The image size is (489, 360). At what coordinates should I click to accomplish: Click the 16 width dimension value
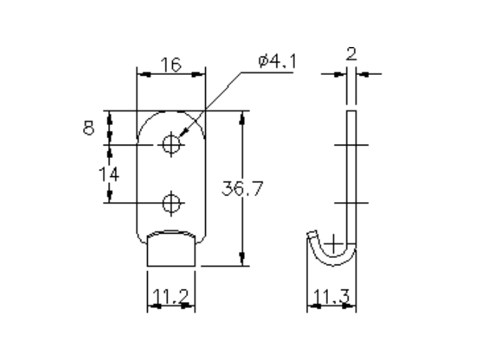pyautogui.click(x=171, y=65)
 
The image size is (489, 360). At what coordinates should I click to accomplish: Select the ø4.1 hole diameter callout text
pyautogui.click(x=277, y=62)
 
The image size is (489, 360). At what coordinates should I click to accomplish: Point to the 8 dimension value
pyautogui.click(x=88, y=128)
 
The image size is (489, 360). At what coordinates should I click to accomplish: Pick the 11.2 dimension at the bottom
pyautogui.click(x=171, y=298)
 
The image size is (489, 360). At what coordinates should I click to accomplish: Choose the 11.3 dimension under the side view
pyautogui.click(x=332, y=298)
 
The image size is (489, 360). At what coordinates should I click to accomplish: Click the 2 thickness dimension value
pyautogui.click(x=351, y=54)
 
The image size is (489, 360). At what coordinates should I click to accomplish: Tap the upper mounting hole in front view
pyautogui.click(x=171, y=144)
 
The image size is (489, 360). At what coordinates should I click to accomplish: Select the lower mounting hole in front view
pyautogui.click(x=171, y=201)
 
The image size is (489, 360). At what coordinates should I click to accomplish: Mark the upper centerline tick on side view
pyautogui.click(x=351, y=145)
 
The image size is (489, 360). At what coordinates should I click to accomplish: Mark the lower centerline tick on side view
pyautogui.click(x=351, y=201)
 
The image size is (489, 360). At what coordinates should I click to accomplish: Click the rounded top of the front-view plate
pyautogui.click(x=171, y=115)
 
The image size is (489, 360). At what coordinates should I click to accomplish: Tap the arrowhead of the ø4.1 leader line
pyautogui.click(x=182, y=134)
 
